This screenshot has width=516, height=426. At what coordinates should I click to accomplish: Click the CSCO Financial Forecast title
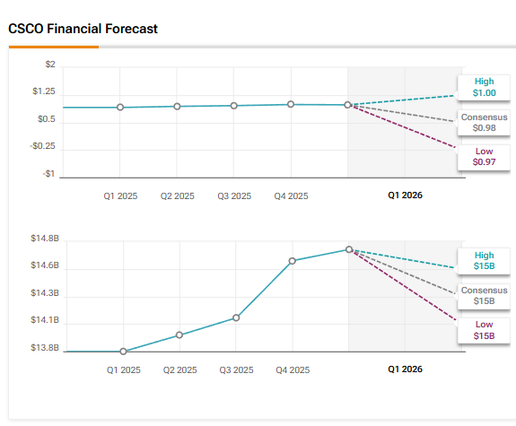(x=83, y=29)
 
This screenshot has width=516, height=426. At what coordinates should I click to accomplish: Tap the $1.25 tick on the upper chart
(x=44, y=91)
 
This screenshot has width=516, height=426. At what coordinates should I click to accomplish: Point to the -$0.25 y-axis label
(x=42, y=146)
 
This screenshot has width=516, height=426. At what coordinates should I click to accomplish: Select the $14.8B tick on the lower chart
(x=44, y=239)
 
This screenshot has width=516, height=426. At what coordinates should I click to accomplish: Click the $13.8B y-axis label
(x=44, y=348)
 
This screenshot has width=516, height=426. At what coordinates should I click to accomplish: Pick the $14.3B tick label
(x=44, y=293)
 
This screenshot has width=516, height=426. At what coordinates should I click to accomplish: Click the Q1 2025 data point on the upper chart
(x=120, y=108)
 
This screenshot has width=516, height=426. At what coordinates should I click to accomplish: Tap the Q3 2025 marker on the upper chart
(x=234, y=106)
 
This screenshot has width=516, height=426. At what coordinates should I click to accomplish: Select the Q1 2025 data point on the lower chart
(x=123, y=352)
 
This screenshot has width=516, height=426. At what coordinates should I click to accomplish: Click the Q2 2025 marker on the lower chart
(x=179, y=335)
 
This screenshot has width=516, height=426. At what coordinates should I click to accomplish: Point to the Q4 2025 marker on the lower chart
(x=293, y=261)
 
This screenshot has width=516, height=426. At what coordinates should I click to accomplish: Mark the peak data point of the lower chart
(x=349, y=249)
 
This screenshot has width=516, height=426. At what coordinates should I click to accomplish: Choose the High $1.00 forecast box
(x=485, y=86)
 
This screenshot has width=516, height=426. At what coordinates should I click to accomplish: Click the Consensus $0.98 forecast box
(x=485, y=123)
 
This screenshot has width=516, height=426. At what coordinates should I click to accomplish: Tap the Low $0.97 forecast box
(x=485, y=157)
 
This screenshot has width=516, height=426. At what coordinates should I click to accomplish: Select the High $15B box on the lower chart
(x=485, y=261)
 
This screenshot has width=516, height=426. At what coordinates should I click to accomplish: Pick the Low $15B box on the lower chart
(x=485, y=330)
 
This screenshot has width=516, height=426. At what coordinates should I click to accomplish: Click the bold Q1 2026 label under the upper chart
(x=405, y=195)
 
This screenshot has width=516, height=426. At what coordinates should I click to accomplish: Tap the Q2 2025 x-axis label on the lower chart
(x=180, y=369)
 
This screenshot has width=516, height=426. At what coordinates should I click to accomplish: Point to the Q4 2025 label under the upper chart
(x=291, y=196)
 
